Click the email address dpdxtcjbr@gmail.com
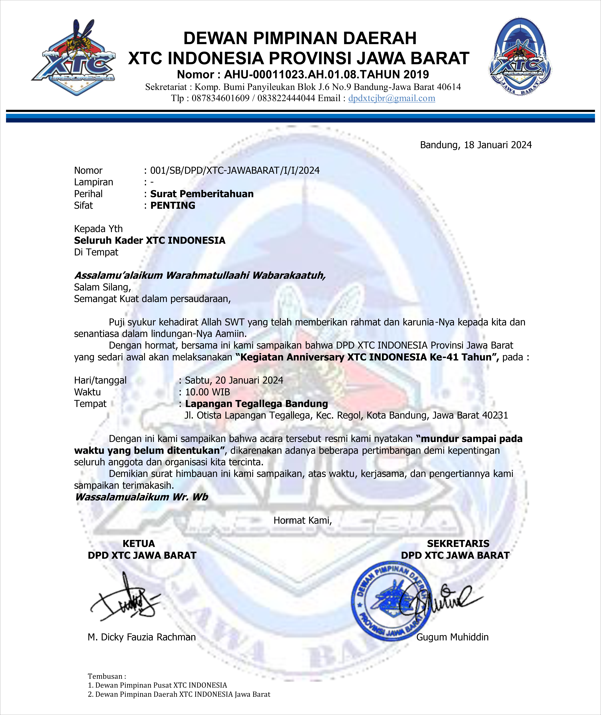coord(391,98)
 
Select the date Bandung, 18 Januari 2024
coord(476,145)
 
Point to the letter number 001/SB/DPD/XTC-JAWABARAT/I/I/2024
coord(235,171)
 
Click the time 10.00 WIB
coord(207,392)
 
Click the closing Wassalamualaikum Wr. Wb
coord(141,497)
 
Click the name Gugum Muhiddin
coord(452,637)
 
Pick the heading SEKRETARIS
coord(458,544)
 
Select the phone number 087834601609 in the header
coord(220,98)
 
